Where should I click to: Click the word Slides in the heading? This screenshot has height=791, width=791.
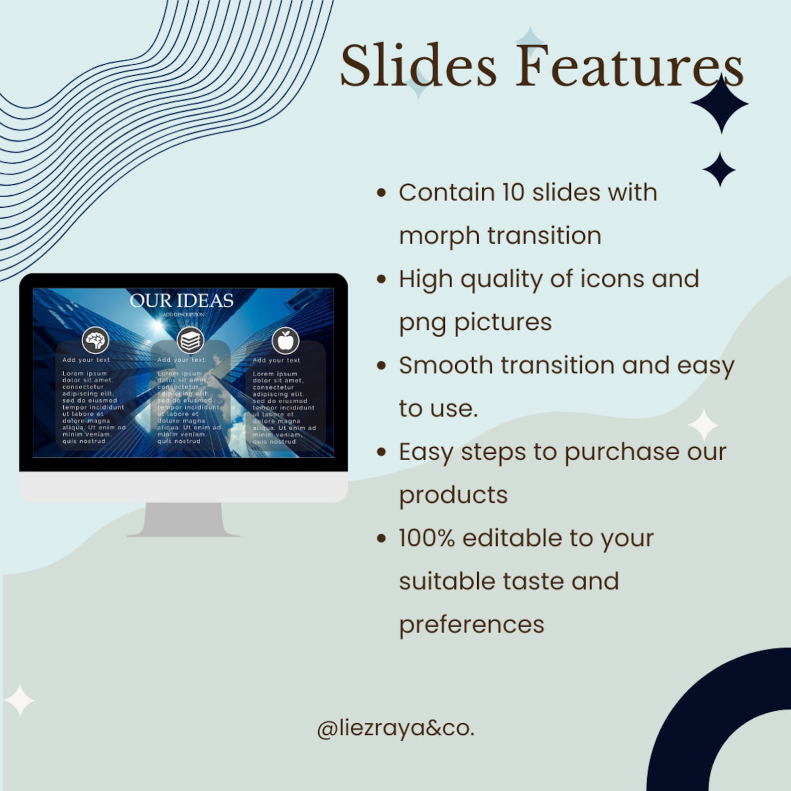418,66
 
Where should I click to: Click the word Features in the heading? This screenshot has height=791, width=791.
629,66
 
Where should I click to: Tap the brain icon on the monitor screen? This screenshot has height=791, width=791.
95,341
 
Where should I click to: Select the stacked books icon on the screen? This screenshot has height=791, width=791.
190,341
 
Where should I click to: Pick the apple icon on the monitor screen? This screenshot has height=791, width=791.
285,341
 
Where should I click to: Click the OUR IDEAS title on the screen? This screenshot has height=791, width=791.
182,300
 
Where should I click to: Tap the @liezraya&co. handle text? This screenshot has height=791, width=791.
396,728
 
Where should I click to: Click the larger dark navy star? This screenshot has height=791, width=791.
720,104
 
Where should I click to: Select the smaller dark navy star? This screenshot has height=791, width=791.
719,169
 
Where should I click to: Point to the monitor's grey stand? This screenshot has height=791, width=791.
183,519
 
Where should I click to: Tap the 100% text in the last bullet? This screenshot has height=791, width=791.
426,538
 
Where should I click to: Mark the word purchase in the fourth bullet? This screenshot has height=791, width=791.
620,452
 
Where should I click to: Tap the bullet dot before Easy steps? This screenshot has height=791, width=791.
382,452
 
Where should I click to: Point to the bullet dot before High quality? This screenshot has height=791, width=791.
382,279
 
